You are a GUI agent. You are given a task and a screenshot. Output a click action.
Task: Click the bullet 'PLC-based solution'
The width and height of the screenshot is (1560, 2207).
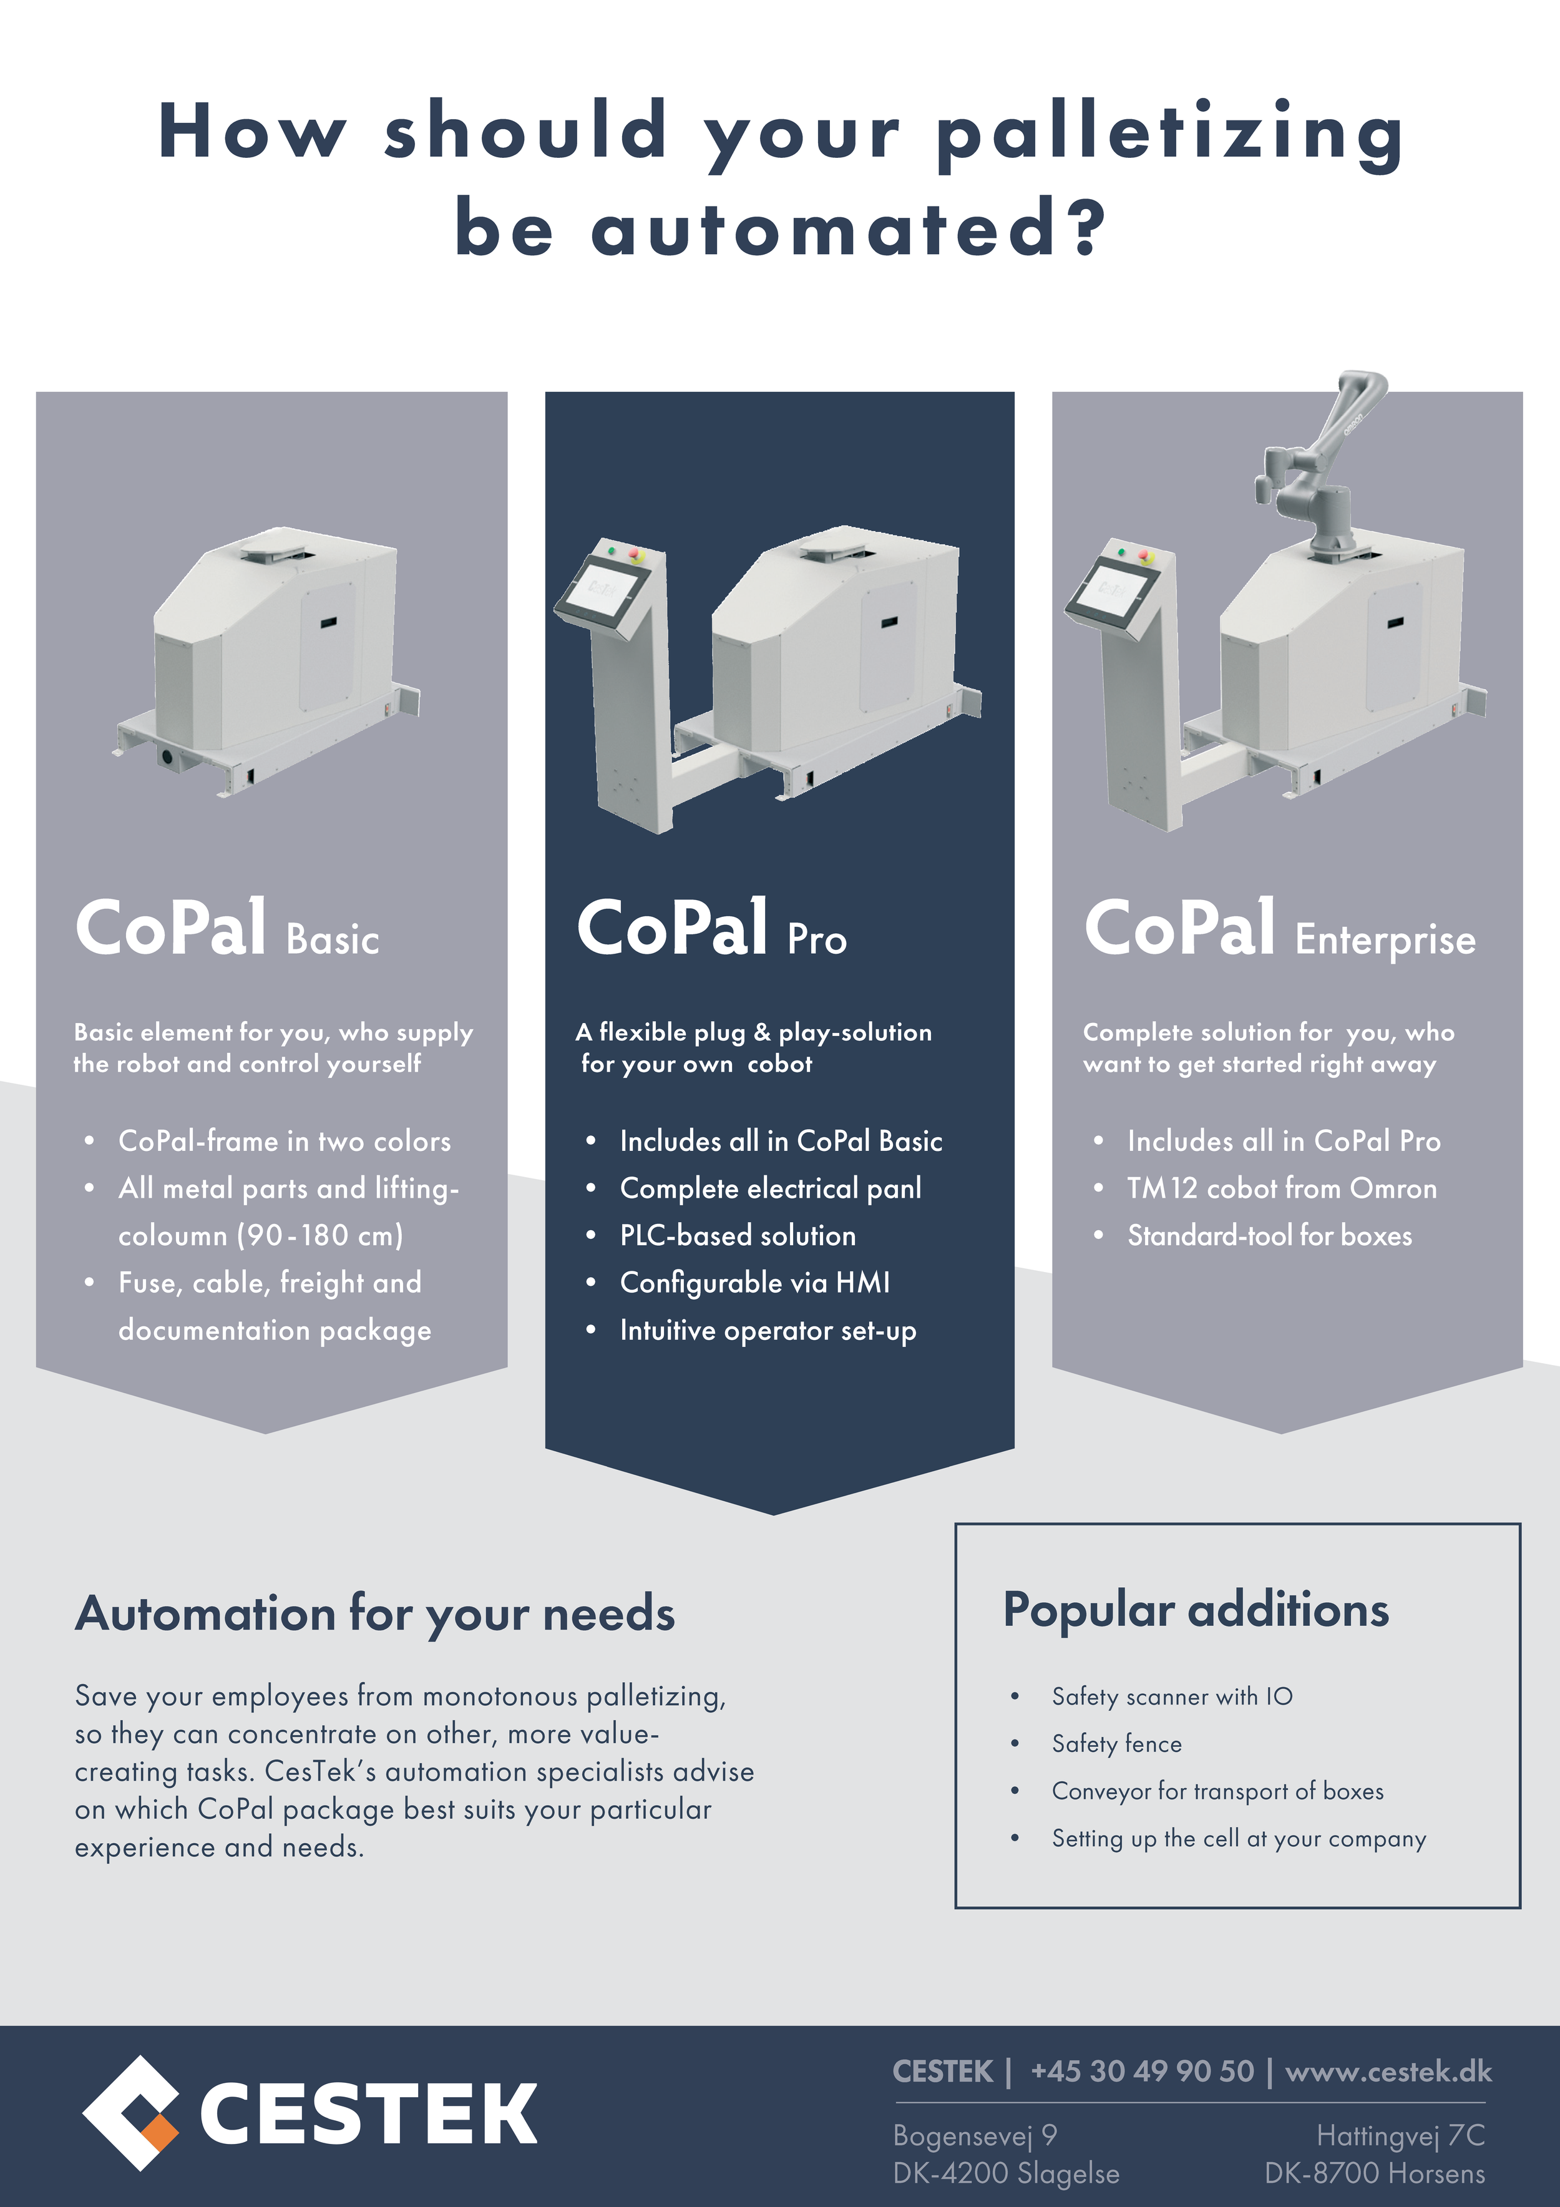737,1235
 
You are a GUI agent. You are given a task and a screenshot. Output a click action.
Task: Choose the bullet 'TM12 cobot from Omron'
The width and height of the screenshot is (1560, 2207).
1281,1188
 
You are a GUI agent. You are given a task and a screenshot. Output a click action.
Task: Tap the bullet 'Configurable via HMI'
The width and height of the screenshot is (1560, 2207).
754,1282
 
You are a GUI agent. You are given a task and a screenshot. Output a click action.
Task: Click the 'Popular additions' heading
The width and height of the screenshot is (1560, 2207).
1196,1609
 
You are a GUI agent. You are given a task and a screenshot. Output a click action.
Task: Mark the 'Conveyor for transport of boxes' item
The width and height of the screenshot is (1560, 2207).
1217,1791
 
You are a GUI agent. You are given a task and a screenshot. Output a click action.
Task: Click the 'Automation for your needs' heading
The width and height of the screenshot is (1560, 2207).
375,1613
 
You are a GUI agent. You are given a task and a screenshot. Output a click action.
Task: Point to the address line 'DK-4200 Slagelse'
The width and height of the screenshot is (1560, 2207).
1005,2173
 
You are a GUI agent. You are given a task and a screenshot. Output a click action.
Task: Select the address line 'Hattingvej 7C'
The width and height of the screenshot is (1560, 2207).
1400,2135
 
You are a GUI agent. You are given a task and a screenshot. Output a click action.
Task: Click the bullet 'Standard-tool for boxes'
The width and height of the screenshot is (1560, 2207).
1269,1235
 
